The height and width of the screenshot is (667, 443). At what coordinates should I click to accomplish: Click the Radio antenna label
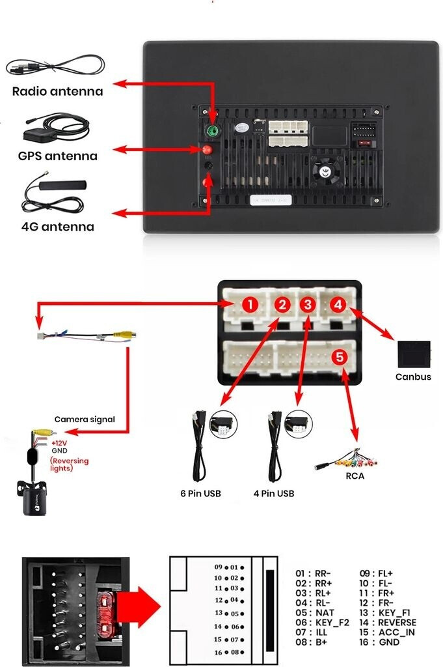(x=57, y=91)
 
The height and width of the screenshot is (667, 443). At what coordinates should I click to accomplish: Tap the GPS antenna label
(x=57, y=156)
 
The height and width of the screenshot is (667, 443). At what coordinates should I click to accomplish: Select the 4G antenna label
(x=57, y=227)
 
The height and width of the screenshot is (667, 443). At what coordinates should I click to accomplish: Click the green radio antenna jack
(x=212, y=131)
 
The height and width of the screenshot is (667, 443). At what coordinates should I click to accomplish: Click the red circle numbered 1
(x=250, y=304)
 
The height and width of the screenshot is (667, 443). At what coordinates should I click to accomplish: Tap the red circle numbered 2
(x=281, y=304)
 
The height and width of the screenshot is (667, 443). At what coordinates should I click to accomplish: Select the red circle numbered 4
(x=337, y=304)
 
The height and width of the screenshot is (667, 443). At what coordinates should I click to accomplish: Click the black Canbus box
(x=413, y=354)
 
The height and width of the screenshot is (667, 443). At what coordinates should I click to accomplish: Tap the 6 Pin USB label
(x=200, y=493)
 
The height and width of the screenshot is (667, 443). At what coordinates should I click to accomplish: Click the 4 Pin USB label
(x=273, y=493)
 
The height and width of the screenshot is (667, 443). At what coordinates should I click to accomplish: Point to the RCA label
(x=355, y=475)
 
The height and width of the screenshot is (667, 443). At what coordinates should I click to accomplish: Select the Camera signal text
(x=85, y=419)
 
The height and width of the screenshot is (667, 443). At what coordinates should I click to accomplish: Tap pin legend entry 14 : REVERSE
(x=388, y=622)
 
